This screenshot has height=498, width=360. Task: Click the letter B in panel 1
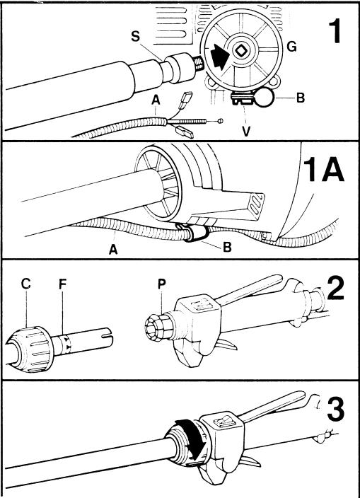tap(300, 98)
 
